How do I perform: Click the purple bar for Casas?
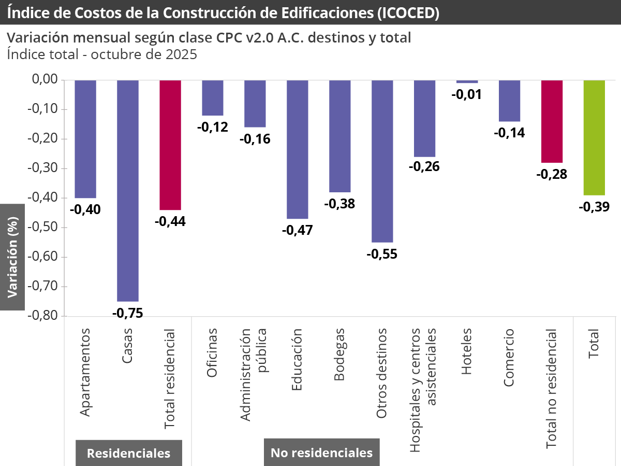tap(128, 191)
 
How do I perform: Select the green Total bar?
tap(594, 138)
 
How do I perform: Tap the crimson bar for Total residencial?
tap(170, 145)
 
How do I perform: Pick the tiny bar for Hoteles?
tap(467, 81)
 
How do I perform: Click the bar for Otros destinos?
tap(382, 161)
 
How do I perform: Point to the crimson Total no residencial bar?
tap(552, 121)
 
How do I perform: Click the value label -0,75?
tap(127, 313)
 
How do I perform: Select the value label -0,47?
tap(297, 230)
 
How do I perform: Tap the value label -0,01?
tap(467, 94)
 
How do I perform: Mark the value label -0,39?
tap(594, 207)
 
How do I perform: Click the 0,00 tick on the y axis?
tap(43, 80)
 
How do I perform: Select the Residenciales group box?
tap(128, 453)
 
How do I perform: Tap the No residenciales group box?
tap(321, 453)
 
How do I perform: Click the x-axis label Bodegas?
tap(339, 361)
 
